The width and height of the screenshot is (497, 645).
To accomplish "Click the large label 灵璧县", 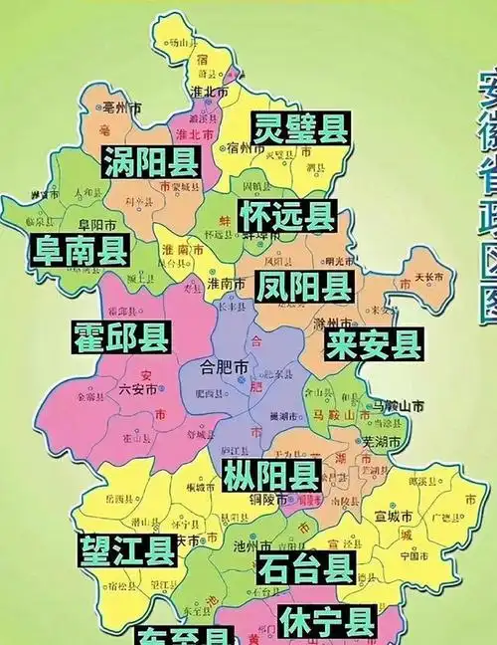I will [x=299, y=126].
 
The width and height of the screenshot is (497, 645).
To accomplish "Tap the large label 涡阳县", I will [x=151, y=161].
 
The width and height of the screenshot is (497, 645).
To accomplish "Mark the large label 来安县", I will [x=374, y=344].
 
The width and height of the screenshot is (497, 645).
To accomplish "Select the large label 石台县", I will [x=305, y=568].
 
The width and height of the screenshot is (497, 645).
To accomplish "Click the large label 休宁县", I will [x=327, y=622].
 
